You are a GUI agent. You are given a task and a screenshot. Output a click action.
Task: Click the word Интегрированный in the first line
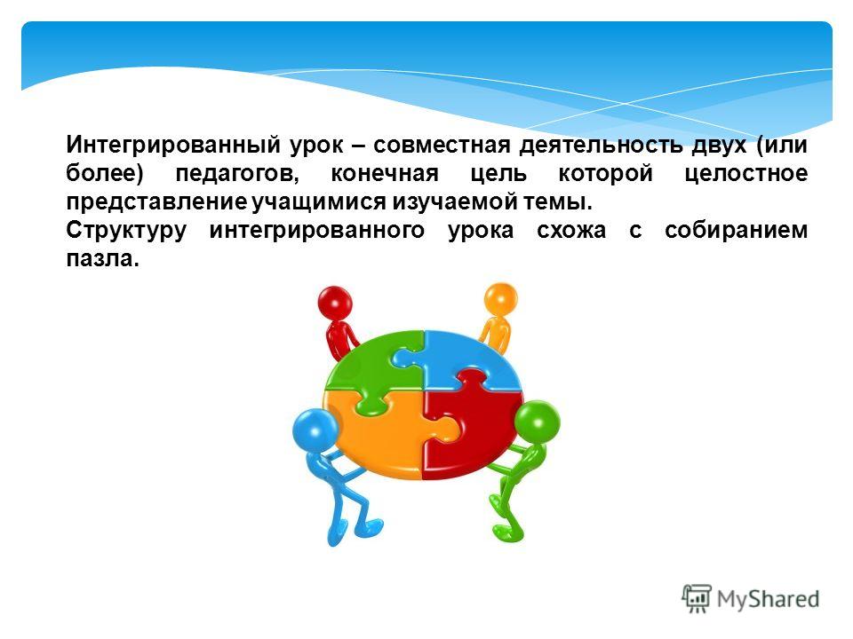tap(173, 145)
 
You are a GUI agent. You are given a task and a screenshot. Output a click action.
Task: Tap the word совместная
tap(442, 145)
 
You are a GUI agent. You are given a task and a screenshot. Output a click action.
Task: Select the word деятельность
tap(601, 145)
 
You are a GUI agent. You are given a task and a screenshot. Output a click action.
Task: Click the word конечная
tap(385, 174)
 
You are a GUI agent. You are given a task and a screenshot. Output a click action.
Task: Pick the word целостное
tap(745, 174)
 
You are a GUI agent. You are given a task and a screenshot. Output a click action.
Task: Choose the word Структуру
tap(126, 231)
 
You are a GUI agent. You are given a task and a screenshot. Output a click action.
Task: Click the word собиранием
tap(736, 231)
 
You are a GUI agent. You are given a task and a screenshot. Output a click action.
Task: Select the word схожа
tap(571, 231)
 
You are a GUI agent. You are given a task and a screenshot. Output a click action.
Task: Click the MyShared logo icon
tap(697, 599)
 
